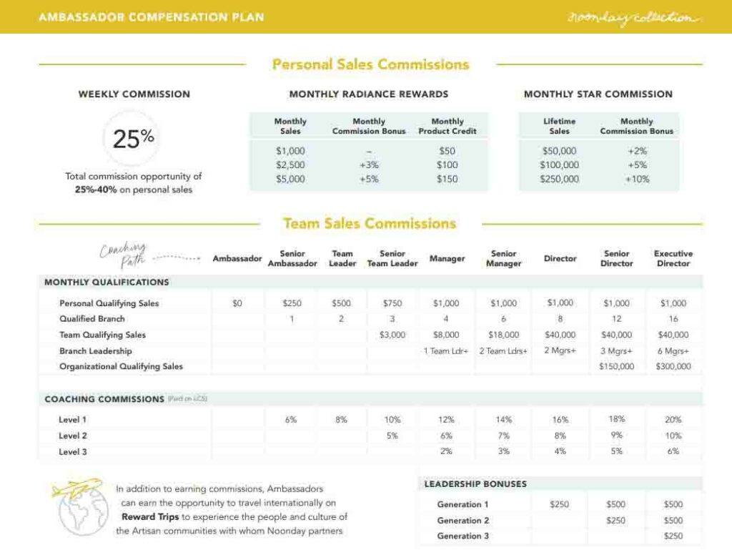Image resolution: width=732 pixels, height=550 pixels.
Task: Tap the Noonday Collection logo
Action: [x=630, y=17]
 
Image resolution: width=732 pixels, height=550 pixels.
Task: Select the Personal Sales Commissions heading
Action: [x=370, y=64]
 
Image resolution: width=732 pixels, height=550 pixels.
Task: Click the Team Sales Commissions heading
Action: [x=369, y=223]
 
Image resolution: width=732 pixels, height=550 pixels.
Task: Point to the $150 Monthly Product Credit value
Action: [x=447, y=180]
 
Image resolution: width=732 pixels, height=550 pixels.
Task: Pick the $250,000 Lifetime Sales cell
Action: [x=559, y=180]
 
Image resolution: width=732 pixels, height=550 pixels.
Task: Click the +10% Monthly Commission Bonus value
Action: [x=636, y=180]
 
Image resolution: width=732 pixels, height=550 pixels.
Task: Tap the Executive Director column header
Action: [x=673, y=258]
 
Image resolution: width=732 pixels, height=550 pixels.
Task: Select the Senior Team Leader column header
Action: [x=392, y=258]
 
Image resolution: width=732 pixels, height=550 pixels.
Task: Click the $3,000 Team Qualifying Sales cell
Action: [x=392, y=335]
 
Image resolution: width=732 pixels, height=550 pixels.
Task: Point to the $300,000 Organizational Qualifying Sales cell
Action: [x=673, y=366]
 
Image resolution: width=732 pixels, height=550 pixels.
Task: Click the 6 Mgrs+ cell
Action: [x=673, y=350]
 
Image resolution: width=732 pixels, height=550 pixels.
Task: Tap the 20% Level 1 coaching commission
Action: [x=673, y=420]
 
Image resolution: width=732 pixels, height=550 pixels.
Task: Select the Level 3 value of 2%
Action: [x=447, y=451]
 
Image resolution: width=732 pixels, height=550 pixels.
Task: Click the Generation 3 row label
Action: [x=463, y=536]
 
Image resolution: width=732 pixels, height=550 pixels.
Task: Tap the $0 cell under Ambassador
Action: [x=237, y=303]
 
